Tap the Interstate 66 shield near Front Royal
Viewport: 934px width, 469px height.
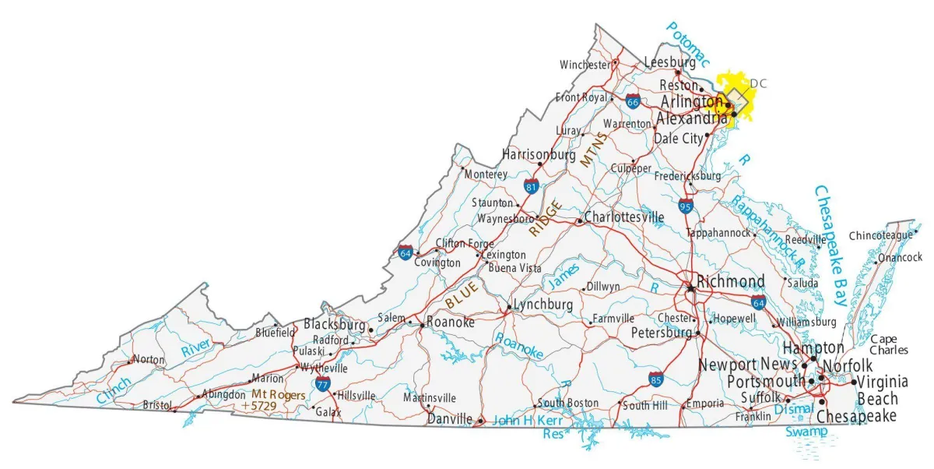coord(633,100)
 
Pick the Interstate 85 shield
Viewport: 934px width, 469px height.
coord(656,379)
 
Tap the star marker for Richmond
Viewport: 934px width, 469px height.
coord(690,287)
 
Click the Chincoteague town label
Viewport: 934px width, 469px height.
coord(880,235)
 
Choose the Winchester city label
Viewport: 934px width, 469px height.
coord(585,65)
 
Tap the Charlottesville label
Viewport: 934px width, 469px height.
coord(623,217)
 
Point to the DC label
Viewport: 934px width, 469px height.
coord(758,83)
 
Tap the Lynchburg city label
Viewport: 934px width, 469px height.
coord(543,304)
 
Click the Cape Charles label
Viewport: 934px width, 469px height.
coord(888,344)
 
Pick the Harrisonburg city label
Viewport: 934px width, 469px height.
coord(539,154)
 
